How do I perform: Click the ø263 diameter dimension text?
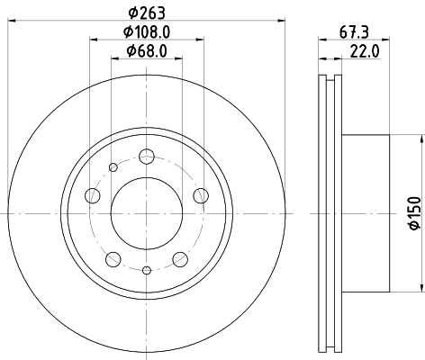pos(147,11)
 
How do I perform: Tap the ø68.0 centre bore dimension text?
pos(147,50)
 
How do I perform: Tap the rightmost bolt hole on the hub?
pos(201,196)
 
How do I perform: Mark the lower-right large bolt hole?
pos(180,259)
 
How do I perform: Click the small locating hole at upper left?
pos(113,166)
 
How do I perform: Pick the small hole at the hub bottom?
pos(147,269)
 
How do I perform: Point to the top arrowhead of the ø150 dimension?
pos(420,138)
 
